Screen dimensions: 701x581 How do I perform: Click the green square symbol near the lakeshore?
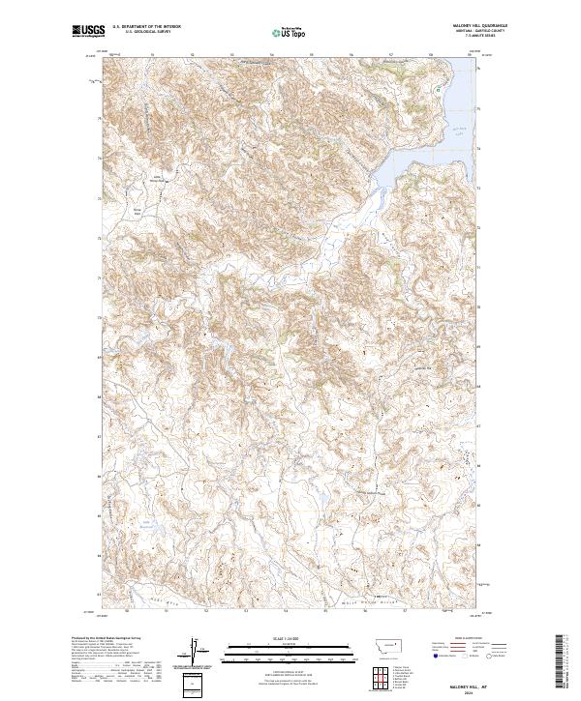[x=438, y=89]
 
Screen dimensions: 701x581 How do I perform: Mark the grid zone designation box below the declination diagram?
[x=197, y=684]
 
